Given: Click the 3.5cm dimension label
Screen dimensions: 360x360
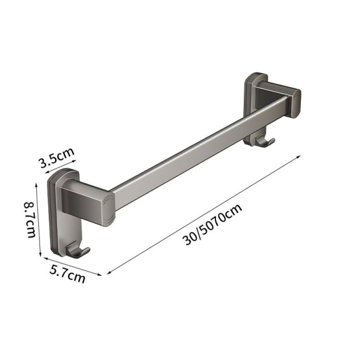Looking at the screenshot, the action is pos(57,157).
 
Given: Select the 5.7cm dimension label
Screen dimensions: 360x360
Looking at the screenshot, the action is pos(67,274).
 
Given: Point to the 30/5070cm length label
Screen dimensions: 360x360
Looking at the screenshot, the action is pos(212,225).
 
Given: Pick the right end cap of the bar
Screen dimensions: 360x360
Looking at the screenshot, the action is pos(296,103).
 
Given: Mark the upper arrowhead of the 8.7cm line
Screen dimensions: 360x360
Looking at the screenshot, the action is pos(36,185).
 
